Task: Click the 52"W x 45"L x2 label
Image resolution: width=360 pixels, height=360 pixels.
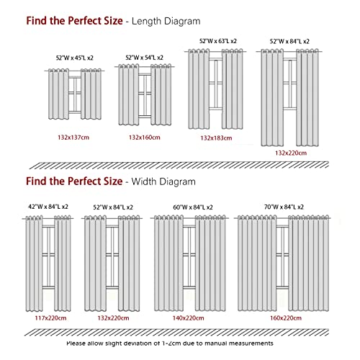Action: pos(74,58)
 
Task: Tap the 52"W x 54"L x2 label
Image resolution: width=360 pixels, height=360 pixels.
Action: pos(144,58)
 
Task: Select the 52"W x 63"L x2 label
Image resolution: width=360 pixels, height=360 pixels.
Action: pos(218,41)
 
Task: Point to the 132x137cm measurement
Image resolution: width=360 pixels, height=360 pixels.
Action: pos(73,138)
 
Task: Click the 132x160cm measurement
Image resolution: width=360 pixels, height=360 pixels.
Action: pos(145,138)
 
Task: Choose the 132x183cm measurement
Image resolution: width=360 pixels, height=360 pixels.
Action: pos(216,138)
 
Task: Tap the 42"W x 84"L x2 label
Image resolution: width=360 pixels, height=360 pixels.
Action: pos(48,207)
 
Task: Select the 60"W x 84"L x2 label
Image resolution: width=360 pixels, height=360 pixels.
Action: pos(193,207)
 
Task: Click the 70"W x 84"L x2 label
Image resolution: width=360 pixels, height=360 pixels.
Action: pos(284,207)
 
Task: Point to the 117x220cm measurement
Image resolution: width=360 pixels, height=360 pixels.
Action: pos(50,318)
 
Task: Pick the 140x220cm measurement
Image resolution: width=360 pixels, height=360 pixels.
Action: pos(189,318)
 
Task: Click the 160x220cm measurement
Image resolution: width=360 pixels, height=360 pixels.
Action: pos(286,318)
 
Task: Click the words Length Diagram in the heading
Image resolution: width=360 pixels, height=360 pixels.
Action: pos(166,22)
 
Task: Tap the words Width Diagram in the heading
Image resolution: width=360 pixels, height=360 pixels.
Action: pos(163,181)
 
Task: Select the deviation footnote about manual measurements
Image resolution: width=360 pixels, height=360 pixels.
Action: pos(170,343)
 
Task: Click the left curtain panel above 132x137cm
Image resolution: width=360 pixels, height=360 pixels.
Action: pos(58,94)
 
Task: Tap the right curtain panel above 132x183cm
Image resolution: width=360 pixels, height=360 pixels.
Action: pos(233,89)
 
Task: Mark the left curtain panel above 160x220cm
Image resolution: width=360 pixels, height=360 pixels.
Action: pos(257,264)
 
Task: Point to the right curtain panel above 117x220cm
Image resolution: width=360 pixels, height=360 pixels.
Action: pos(63,264)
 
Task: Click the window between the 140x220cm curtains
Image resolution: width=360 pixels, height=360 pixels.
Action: pos(189,257)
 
